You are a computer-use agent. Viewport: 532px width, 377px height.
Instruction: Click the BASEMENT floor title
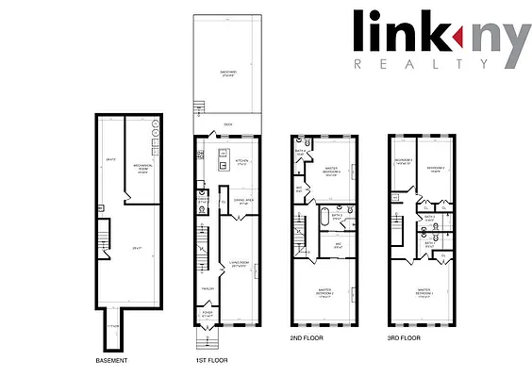pyautogui.click(x=110, y=361)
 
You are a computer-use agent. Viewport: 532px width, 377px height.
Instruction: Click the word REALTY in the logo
pyautogui.click(x=422, y=64)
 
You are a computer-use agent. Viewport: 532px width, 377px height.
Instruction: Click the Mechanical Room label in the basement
pyautogui.click(x=144, y=171)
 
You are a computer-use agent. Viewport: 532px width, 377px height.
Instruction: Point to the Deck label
pyautogui.click(x=228, y=124)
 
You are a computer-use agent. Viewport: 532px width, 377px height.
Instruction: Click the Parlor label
pyautogui.click(x=208, y=288)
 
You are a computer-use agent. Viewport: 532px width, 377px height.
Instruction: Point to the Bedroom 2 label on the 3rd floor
pyautogui.click(x=435, y=171)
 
